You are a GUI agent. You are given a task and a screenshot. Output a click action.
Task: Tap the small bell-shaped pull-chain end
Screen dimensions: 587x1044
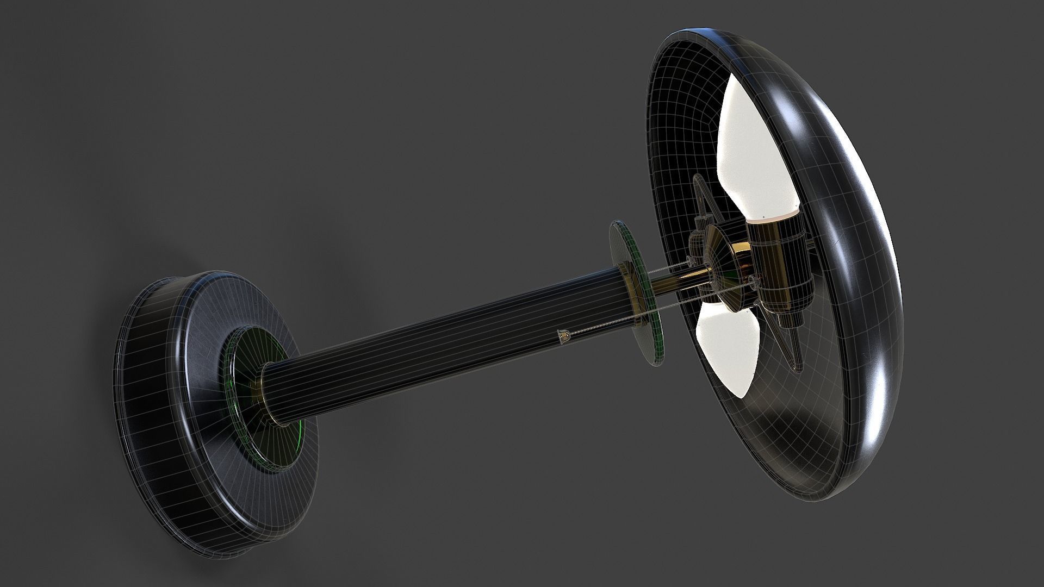(563, 338)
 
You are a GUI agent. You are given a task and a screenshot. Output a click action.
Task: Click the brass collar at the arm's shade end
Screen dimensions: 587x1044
(631, 283)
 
